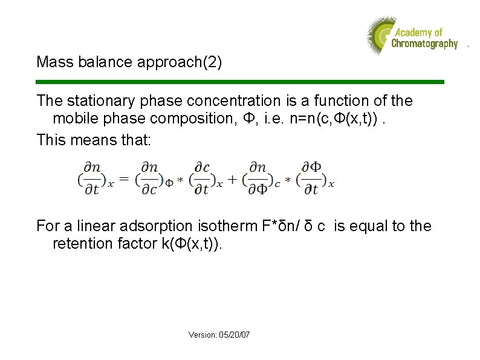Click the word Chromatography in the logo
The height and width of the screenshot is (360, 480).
pos(424,44)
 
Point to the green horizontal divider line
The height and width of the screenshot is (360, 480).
pos(240,82)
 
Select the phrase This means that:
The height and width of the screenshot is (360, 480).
pos(96,140)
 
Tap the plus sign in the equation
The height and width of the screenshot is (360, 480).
pos(232,180)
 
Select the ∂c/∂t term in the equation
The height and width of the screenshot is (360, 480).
pos(203,177)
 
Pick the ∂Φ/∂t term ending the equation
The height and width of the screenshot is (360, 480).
pos(311,177)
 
